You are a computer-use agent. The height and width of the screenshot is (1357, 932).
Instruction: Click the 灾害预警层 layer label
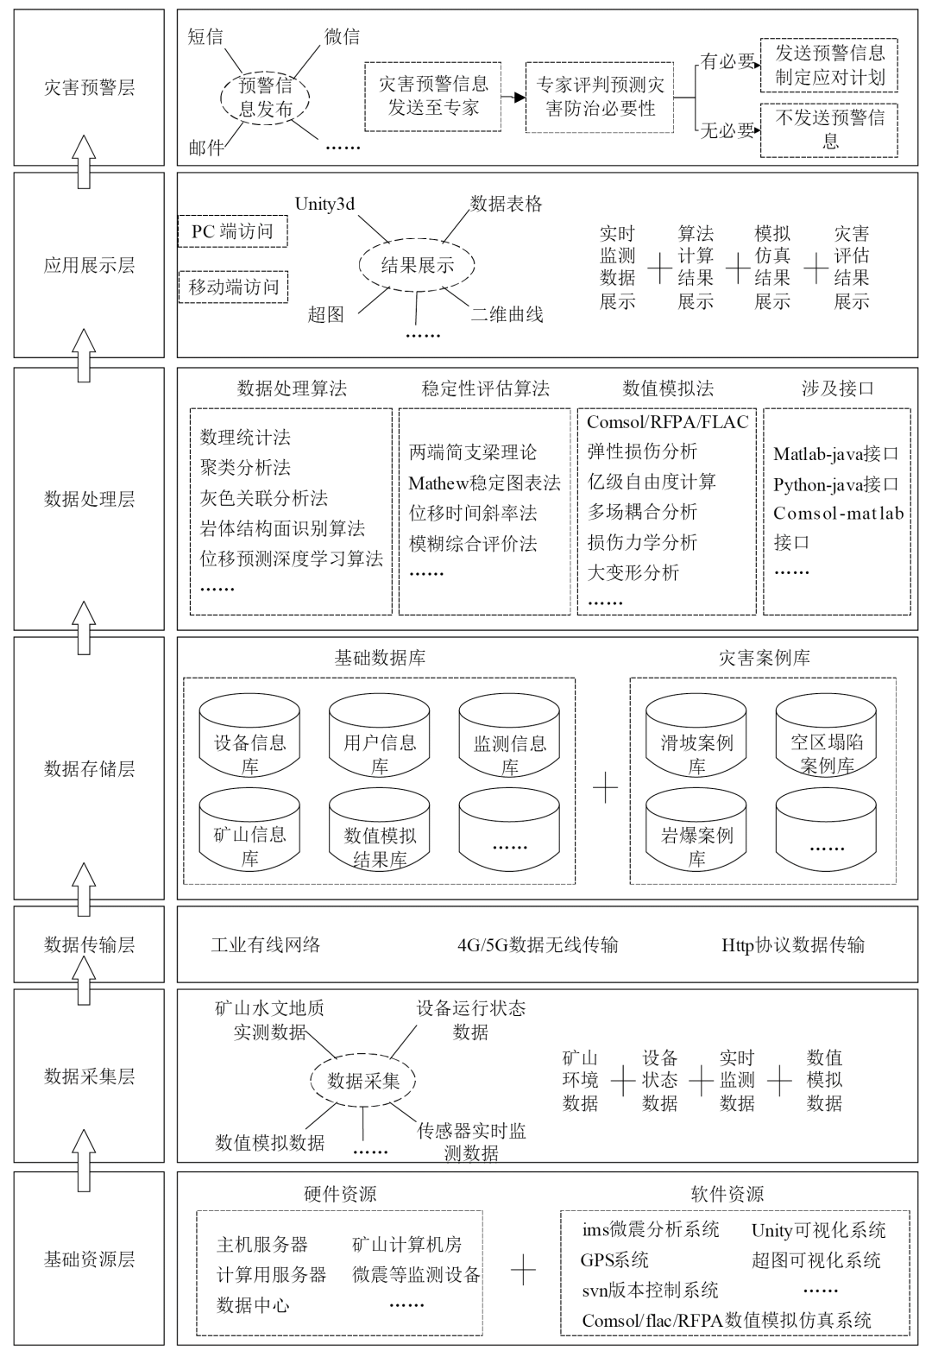point(89,87)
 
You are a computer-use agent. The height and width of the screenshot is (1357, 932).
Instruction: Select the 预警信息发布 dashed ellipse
point(265,97)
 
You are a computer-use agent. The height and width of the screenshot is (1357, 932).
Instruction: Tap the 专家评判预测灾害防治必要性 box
point(600,97)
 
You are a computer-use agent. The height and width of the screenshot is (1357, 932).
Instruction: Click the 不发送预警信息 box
point(829,129)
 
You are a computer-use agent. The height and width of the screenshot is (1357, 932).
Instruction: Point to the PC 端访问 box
point(232,231)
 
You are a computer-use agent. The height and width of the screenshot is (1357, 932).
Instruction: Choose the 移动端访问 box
point(234,287)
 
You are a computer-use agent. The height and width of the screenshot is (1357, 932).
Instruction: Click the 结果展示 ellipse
point(417,265)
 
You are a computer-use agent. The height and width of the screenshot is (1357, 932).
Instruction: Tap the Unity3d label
point(324,205)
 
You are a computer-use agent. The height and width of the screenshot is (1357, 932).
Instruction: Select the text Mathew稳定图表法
point(484,483)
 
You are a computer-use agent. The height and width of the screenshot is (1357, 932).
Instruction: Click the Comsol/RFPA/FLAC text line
point(667,422)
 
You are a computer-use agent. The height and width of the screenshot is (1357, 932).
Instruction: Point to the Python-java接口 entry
point(835,484)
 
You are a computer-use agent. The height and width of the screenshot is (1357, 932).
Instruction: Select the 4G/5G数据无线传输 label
point(538,944)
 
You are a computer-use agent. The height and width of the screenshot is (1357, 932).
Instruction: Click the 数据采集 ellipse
point(363,1081)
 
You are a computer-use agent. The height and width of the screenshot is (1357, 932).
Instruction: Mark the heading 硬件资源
point(340,1194)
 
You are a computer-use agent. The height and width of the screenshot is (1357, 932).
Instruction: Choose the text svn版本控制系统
point(650,1290)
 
